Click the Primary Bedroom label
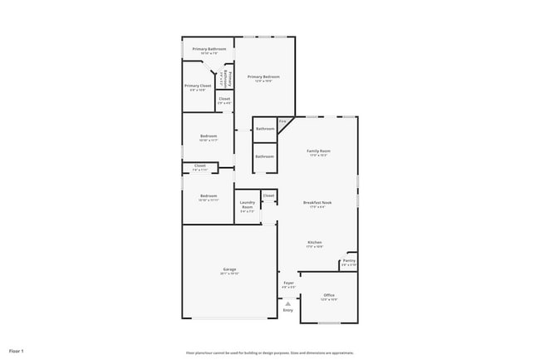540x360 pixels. click(x=264, y=76)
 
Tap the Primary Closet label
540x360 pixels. click(x=197, y=86)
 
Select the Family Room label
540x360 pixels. click(x=319, y=150)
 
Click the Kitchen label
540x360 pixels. click(x=314, y=242)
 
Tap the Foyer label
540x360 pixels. click(x=288, y=284)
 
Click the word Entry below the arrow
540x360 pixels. click(x=288, y=310)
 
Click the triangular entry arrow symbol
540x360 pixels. click(x=288, y=303)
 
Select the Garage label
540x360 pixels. click(x=228, y=270)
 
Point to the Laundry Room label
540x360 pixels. click(x=248, y=205)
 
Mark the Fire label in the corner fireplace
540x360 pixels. click(x=282, y=123)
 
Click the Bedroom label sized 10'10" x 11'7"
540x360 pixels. click(x=209, y=136)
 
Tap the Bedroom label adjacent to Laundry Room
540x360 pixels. click(x=208, y=196)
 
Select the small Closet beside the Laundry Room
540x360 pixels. click(x=268, y=195)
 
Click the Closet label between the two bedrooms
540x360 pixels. click(x=199, y=166)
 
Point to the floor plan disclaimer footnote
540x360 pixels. click(x=270, y=352)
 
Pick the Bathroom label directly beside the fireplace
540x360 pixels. click(x=265, y=129)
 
